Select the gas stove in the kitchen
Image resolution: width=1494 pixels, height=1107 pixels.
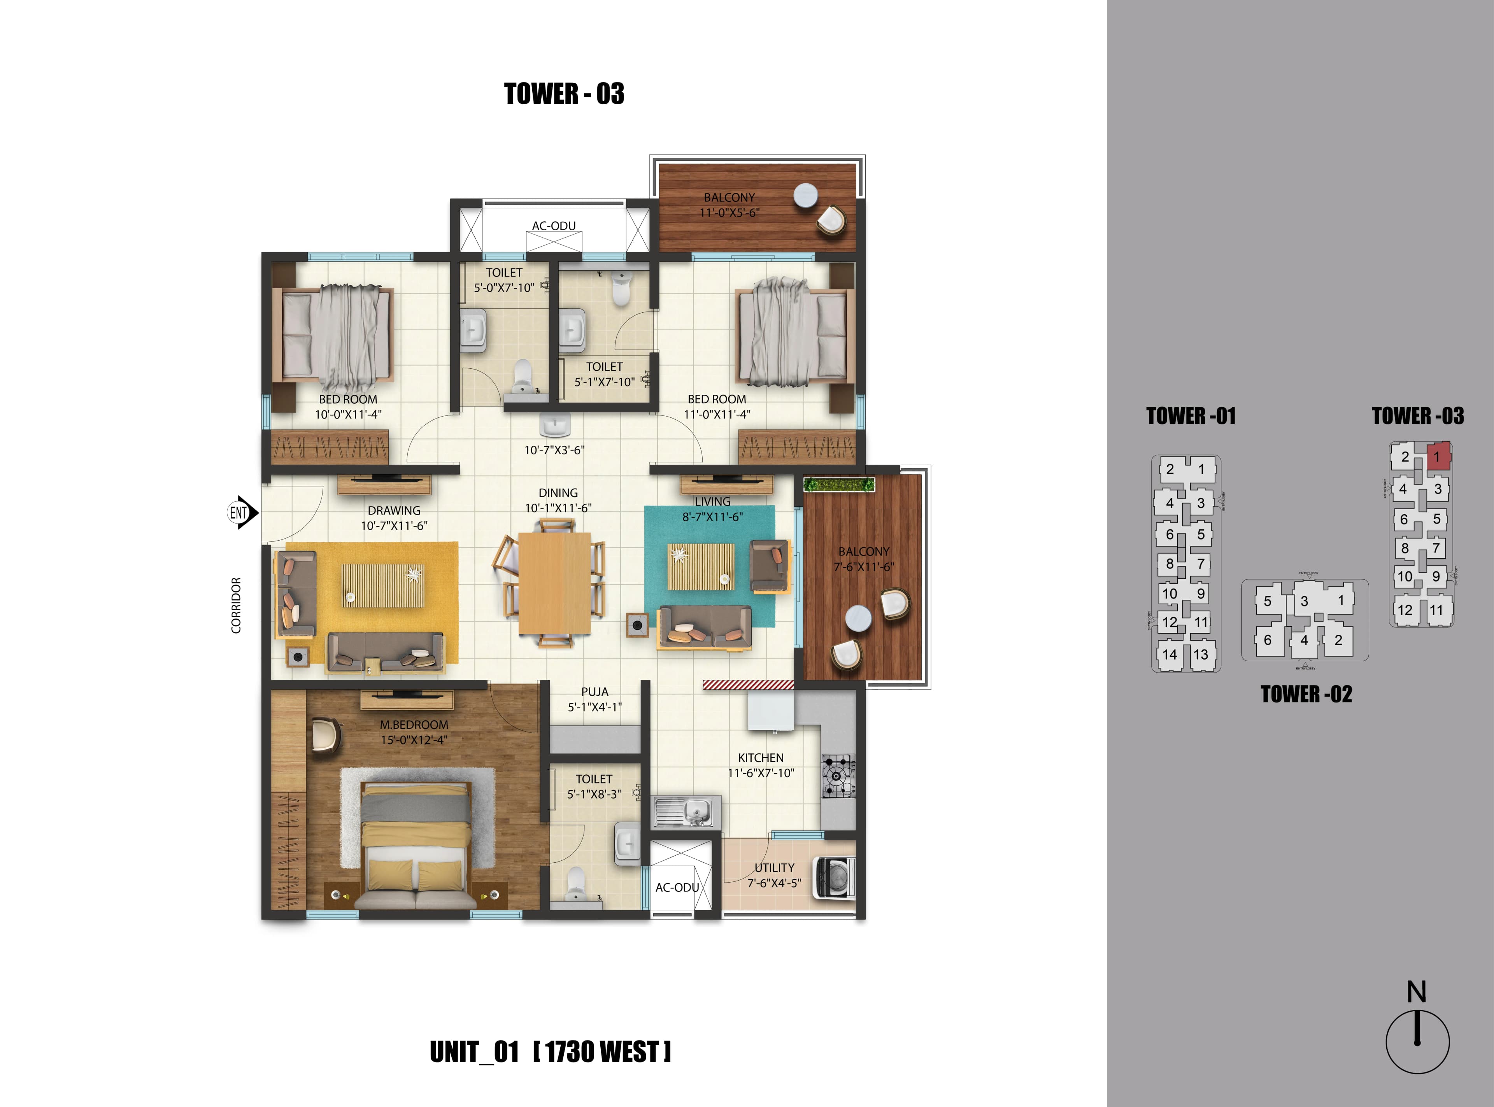pyautogui.click(x=838, y=776)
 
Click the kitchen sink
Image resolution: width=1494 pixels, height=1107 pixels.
pyautogui.click(x=687, y=812)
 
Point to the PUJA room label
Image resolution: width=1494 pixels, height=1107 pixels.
pyautogui.click(x=594, y=692)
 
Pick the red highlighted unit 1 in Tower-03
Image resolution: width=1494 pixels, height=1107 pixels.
pyautogui.click(x=1438, y=456)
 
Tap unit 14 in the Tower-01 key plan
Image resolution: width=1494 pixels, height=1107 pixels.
pyautogui.click(x=1170, y=655)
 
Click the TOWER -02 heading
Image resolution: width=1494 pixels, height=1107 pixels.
pyautogui.click(x=1306, y=694)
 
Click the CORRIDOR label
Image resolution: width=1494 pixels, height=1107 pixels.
pyautogui.click(x=236, y=605)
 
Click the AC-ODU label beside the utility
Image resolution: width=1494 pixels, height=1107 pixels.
pyautogui.click(x=677, y=887)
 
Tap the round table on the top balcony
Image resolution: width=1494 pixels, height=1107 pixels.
pyautogui.click(x=805, y=196)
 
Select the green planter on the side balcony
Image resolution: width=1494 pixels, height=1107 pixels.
pyautogui.click(x=839, y=484)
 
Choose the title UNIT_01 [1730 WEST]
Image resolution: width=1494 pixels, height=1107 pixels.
pyautogui.click(x=550, y=1052)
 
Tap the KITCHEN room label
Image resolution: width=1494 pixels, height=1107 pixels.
pyautogui.click(x=761, y=757)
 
